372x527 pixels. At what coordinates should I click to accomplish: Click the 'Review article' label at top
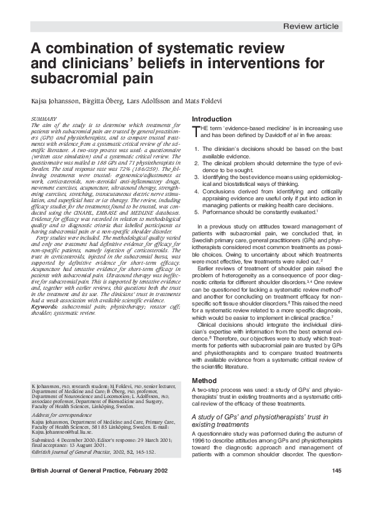click(311, 26)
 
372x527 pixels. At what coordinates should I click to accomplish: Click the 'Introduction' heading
click(212, 119)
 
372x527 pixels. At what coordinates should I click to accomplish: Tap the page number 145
click(336, 488)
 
